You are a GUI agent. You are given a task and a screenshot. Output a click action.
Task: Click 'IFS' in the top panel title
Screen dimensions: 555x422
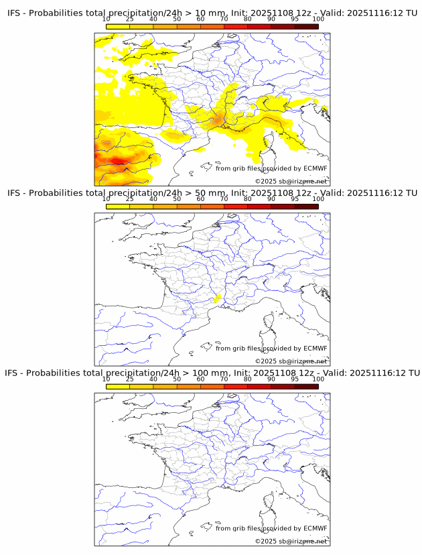pos(16,13)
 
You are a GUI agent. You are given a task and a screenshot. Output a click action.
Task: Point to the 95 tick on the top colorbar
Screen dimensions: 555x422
pos(295,19)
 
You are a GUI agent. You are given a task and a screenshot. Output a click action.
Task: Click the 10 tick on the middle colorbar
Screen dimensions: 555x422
pos(106,199)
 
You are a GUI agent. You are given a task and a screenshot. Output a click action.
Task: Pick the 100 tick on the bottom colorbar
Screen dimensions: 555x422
pos(318,379)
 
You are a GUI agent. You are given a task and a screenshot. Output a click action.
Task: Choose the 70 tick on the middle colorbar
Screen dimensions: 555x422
pos(224,199)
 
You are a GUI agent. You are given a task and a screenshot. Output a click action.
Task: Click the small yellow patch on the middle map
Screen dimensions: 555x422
pos(218,298)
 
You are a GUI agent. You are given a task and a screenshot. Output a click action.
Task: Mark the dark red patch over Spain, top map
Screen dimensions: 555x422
pos(119,161)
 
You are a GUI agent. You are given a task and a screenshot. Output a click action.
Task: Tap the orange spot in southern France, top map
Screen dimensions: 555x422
pos(217,120)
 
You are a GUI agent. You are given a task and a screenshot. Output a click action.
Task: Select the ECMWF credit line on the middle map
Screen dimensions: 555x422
pos(271,348)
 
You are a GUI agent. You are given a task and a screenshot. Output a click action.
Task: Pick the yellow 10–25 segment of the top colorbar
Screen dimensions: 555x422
pos(117,26)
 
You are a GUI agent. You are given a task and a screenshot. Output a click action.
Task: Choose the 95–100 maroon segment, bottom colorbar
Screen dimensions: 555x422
pos(306,386)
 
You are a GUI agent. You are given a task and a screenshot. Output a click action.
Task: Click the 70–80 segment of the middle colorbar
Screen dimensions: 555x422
pos(235,206)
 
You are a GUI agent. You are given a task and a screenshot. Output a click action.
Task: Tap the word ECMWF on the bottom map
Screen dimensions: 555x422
pos(315,528)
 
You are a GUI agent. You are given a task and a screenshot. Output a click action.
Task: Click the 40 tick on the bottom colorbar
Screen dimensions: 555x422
pos(153,379)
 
